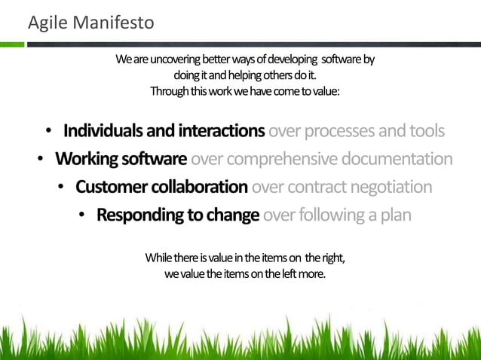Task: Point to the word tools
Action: tap(426, 131)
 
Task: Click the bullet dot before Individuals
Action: tap(47, 132)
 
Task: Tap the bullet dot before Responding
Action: tap(81, 215)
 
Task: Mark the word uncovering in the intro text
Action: tap(164, 59)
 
